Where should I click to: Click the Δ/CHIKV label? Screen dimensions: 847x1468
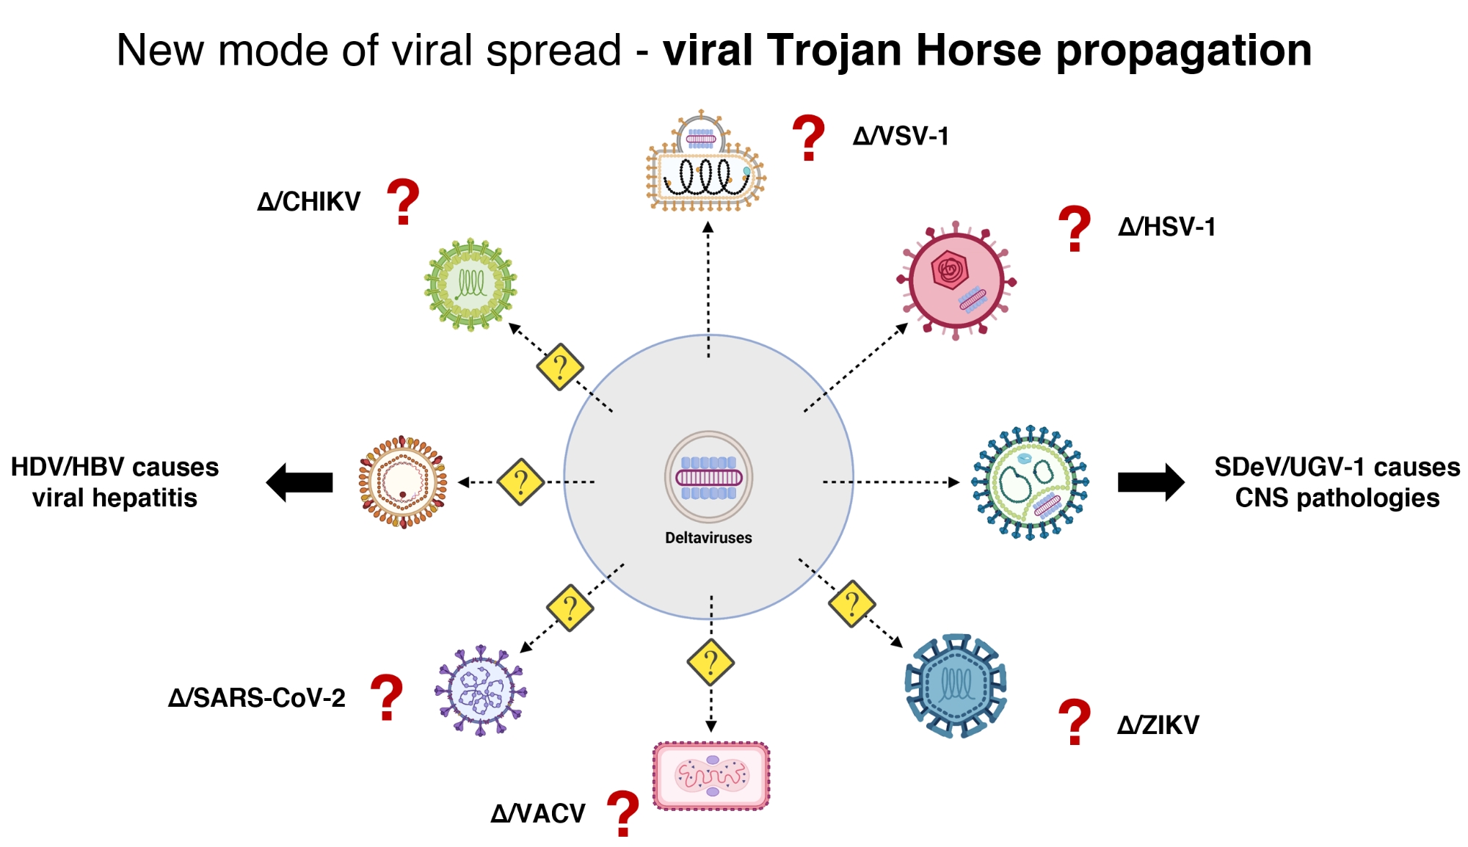coord(309,201)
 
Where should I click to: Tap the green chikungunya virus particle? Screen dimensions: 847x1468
coord(470,283)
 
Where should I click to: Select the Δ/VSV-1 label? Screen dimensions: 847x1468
coord(901,136)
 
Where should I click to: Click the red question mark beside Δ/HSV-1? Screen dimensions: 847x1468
coord(1074,228)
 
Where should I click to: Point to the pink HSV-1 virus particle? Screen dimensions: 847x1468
coord(956,280)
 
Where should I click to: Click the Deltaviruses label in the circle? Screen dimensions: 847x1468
coord(708,537)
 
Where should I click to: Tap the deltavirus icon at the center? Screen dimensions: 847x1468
coord(708,476)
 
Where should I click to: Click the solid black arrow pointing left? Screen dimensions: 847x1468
coord(299,482)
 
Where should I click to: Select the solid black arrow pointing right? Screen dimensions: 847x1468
coord(1150,482)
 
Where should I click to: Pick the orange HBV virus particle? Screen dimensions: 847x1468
coord(402,481)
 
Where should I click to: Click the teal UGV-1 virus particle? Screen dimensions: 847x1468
coord(1030,482)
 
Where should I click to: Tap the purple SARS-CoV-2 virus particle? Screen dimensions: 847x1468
coord(481,691)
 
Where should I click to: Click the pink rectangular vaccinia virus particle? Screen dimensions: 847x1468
coord(711,776)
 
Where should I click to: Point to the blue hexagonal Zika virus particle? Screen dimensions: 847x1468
coord(956,686)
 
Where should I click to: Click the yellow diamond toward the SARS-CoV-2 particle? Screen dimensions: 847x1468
coord(570,608)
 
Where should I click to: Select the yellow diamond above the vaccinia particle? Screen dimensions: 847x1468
coord(711,662)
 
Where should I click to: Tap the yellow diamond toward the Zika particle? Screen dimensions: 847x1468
coord(851,603)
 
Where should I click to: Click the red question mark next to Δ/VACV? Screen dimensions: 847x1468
coord(623,813)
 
